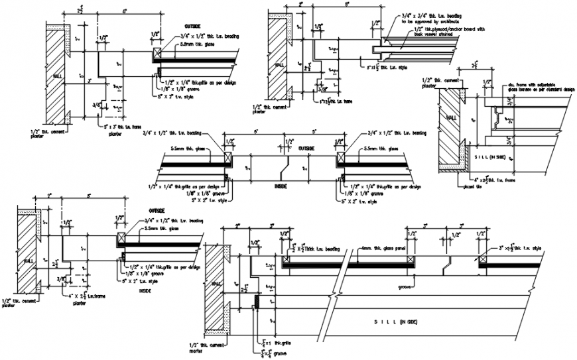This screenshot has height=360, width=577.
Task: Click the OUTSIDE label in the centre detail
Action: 306,148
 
